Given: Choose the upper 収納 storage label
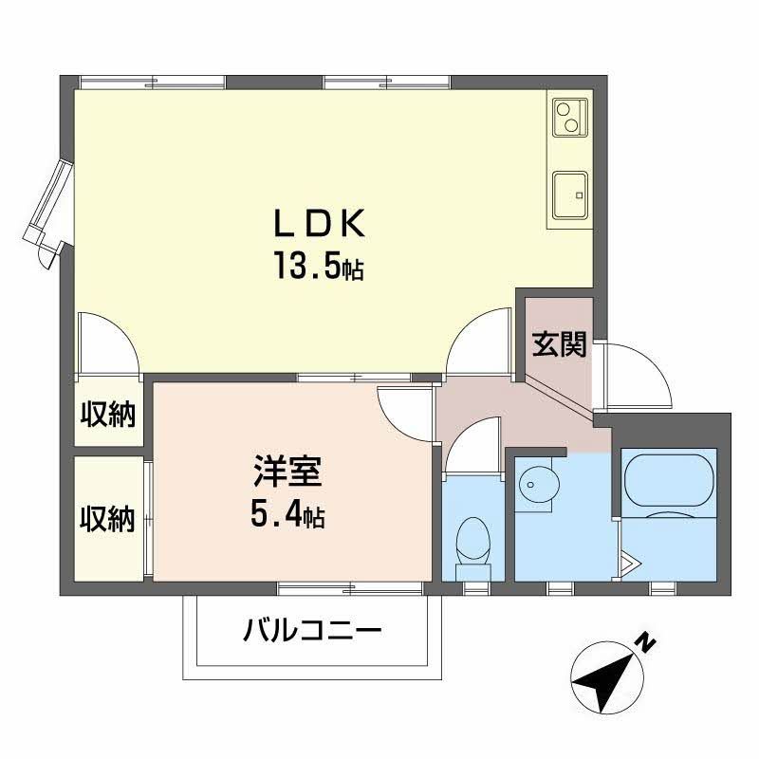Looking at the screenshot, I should click(x=107, y=415).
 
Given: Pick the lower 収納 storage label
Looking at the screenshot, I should click(x=107, y=519).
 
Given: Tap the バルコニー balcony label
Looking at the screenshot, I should click(x=312, y=629).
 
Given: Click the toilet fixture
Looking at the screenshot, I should click(x=472, y=546).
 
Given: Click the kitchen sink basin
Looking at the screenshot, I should click(x=570, y=193).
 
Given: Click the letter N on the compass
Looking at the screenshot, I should click(x=646, y=641).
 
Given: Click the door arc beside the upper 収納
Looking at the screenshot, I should click(x=107, y=344).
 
